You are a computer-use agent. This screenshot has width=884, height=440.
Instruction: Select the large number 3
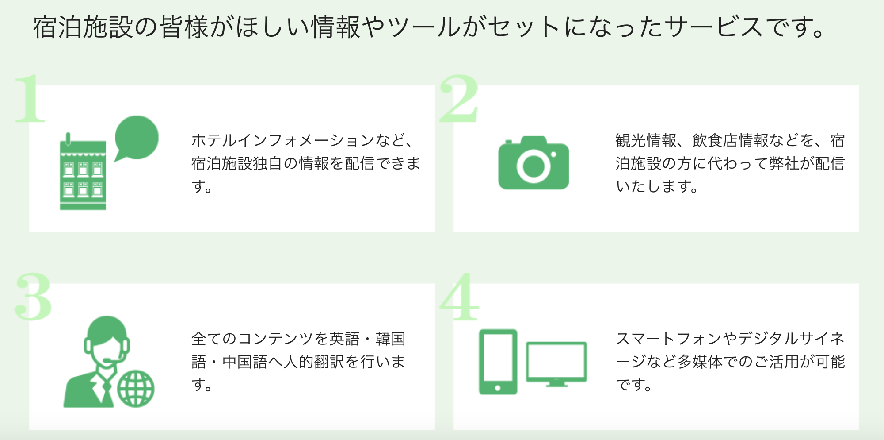click(33, 296)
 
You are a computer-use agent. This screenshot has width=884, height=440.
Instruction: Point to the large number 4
click(459, 296)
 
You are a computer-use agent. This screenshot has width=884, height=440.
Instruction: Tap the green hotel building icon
click(83, 174)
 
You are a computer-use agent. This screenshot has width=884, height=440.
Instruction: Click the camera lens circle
click(533, 166)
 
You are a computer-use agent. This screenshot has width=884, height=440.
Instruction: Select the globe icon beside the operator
click(136, 389)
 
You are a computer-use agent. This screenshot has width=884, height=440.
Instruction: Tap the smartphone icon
click(498, 361)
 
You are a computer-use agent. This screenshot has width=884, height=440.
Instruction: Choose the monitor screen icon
click(556, 362)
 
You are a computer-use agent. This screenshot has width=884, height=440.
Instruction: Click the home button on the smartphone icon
click(498, 388)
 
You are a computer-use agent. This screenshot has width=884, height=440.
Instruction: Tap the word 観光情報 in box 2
click(646, 140)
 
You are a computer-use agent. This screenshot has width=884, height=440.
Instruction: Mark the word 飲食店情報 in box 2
click(730, 140)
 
